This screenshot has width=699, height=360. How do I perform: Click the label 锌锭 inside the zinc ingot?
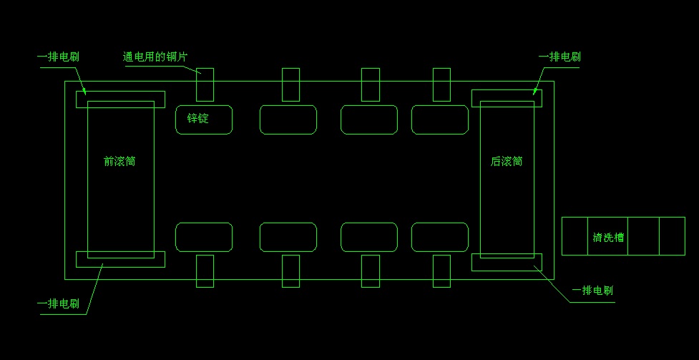(198, 119)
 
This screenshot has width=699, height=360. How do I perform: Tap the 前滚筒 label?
(119, 162)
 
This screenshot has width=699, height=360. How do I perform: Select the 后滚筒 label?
(507, 162)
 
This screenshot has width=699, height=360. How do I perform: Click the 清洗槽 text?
(608, 238)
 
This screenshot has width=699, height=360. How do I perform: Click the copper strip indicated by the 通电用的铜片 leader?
(205, 84)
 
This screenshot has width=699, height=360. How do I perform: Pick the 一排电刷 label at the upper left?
(59, 57)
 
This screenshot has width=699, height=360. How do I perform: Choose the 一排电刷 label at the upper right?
(559, 57)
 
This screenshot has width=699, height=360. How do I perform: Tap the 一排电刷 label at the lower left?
(59, 304)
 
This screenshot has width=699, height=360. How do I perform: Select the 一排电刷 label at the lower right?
(592, 291)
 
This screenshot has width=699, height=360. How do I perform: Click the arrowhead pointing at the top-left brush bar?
(84, 91)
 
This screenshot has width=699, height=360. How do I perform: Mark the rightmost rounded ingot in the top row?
(440, 120)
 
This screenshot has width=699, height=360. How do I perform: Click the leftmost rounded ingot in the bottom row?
(204, 238)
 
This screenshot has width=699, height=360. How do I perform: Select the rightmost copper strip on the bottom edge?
(441, 271)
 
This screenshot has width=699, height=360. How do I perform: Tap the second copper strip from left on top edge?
(290, 84)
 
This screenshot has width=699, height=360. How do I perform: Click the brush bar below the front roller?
(120, 259)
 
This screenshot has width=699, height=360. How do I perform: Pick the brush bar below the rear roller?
(507, 262)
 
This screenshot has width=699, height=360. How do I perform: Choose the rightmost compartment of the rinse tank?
(672, 236)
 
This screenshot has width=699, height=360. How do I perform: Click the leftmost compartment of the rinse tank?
(575, 236)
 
